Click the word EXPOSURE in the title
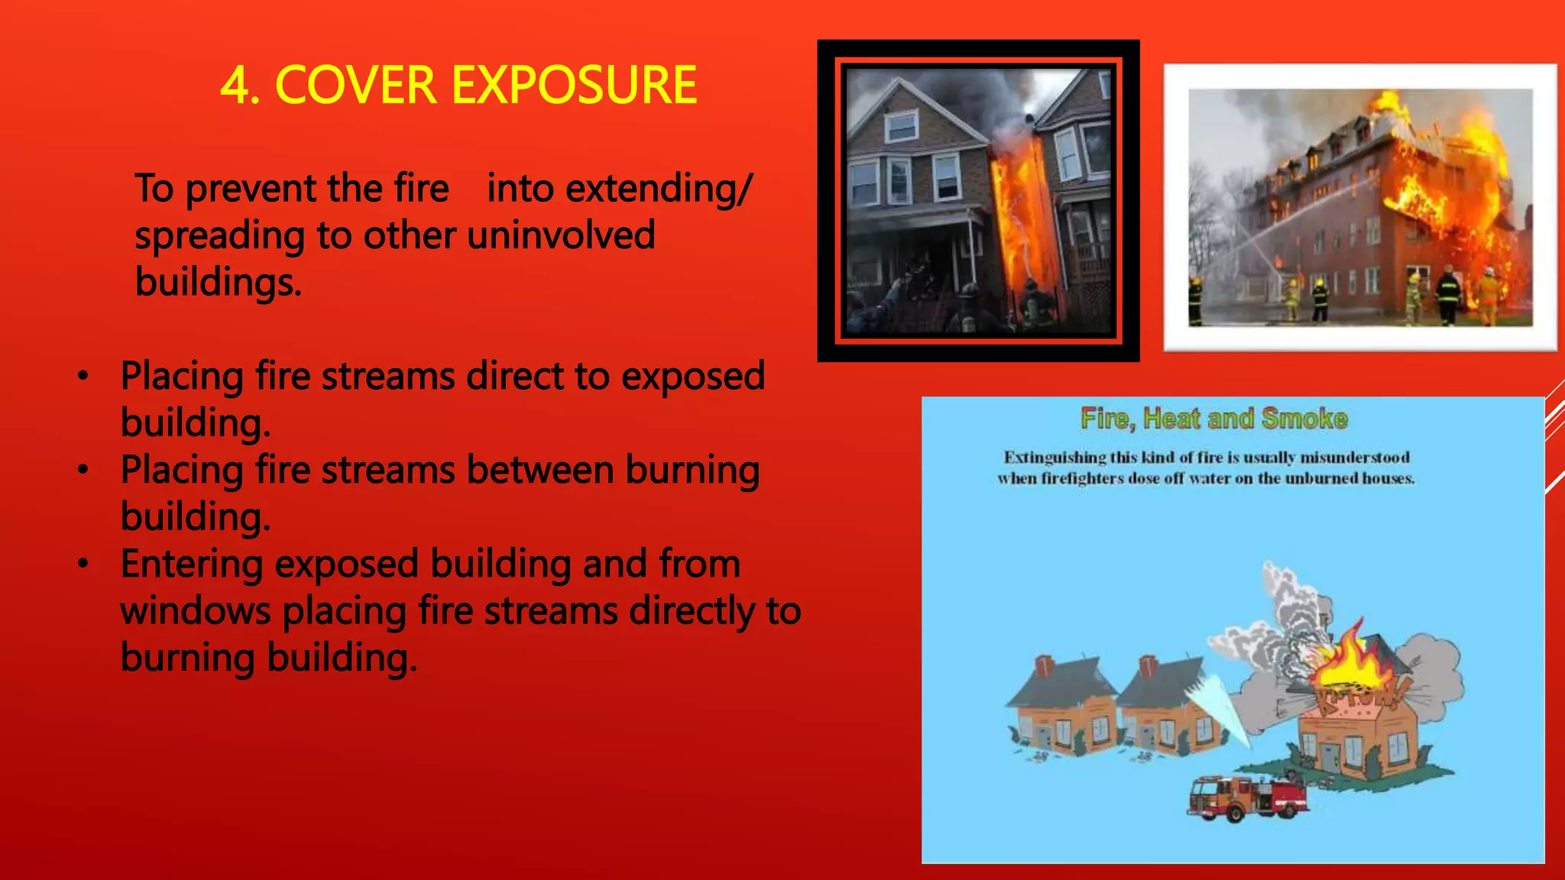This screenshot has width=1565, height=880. (574, 85)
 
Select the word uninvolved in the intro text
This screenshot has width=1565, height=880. (561, 235)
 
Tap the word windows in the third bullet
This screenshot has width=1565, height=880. (196, 611)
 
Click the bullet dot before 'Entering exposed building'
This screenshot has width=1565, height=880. (83, 565)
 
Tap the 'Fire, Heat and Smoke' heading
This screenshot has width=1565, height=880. (1213, 419)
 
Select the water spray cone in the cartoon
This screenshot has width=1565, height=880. (1219, 707)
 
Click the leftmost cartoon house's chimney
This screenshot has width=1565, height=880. (1044, 665)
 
